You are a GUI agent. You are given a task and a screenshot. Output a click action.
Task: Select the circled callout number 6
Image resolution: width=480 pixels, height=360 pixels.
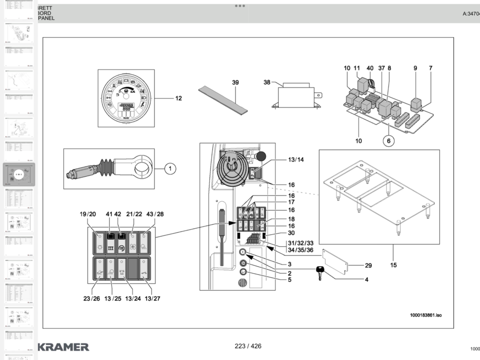[389, 141]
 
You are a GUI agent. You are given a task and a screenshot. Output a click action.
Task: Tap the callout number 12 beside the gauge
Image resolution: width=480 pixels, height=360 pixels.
[179, 98]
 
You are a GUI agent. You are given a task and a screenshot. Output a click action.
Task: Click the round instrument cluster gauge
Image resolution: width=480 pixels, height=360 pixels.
[127, 98]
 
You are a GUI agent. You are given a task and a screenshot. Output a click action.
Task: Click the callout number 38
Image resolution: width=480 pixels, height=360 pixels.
[266, 82]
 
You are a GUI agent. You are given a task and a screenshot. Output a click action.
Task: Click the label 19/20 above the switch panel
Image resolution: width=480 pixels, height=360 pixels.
[88, 214]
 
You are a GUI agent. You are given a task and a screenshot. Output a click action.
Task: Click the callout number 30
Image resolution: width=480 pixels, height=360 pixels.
[291, 233]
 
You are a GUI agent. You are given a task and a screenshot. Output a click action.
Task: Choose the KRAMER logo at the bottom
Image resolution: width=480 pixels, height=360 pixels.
[63, 347]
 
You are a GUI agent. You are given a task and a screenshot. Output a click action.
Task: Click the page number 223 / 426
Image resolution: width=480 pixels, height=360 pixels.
[248, 346]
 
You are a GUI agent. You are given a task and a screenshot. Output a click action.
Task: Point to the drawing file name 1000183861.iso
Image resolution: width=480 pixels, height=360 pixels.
[425, 315]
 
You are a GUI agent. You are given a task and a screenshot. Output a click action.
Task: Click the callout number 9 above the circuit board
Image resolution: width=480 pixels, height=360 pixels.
[415, 68]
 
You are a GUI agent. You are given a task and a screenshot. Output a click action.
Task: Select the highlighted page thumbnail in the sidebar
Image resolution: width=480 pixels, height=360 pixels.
[19, 175]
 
